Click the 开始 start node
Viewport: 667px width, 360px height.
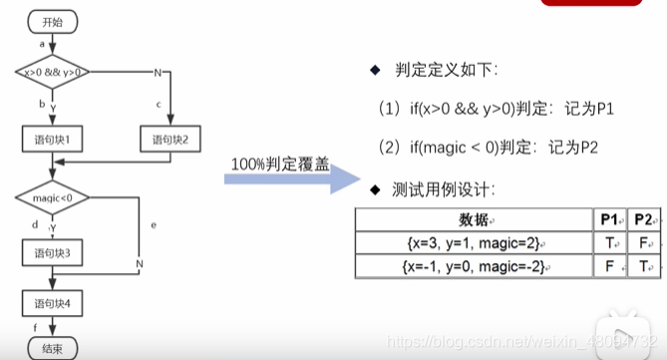[x=52, y=20]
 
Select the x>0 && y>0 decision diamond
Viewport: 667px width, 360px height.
[x=52, y=72]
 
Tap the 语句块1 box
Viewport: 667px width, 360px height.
[x=52, y=139]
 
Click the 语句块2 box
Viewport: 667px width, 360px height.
[x=170, y=139]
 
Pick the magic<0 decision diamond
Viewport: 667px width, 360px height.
[x=52, y=198]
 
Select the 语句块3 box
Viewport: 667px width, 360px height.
[x=52, y=255]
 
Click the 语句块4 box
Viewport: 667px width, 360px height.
[x=52, y=302]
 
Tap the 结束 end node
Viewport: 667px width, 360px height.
[x=52, y=349]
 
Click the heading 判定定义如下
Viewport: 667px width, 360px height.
[x=445, y=71]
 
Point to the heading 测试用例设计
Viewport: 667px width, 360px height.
[x=445, y=189]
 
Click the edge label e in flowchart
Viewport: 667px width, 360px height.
[x=154, y=225]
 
